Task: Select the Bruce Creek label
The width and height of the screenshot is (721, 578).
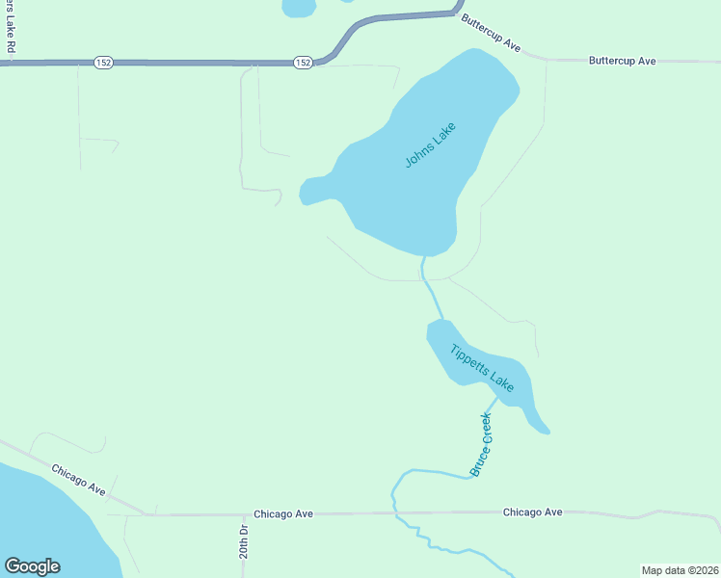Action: [481, 444]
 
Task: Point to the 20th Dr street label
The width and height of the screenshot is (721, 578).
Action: [245, 542]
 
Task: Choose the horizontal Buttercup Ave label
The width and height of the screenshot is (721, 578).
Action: [622, 61]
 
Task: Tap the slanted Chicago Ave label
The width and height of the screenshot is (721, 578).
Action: [79, 480]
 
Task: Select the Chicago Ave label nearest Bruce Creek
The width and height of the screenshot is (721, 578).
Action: [532, 512]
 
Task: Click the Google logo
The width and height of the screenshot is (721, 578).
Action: [32, 566]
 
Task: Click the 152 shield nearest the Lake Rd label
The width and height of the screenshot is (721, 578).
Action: [103, 63]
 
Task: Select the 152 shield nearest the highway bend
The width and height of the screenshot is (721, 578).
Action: [303, 63]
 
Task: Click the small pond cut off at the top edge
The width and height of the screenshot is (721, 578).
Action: [299, 7]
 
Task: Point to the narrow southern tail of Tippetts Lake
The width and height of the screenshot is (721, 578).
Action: [535, 418]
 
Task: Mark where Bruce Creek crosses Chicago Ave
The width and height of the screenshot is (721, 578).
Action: [395, 513]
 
